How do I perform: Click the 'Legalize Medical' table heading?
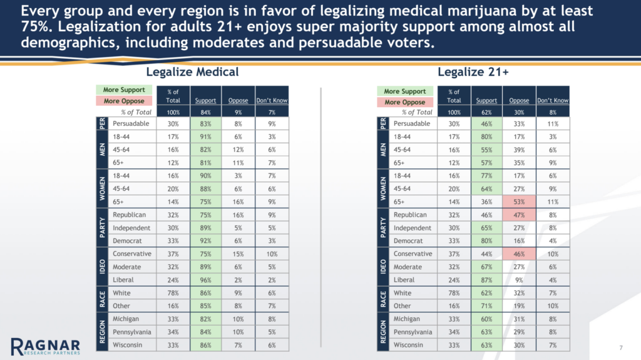[192, 73]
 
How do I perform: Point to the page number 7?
[620, 346]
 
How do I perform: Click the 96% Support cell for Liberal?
[205, 279]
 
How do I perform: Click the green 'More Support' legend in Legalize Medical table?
[124, 90]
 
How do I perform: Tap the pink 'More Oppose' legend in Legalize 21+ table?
[404, 102]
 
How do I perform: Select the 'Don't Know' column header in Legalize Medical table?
[272, 100]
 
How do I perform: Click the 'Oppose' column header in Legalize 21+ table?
[519, 100]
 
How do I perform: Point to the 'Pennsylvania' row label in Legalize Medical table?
[131, 332]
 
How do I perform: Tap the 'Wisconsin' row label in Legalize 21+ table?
[409, 345]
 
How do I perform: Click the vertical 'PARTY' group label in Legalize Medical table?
[101, 228]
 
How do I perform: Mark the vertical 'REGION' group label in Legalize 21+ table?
[382, 332]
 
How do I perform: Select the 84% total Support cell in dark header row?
[205, 112]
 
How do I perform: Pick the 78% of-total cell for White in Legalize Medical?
[173, 292]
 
